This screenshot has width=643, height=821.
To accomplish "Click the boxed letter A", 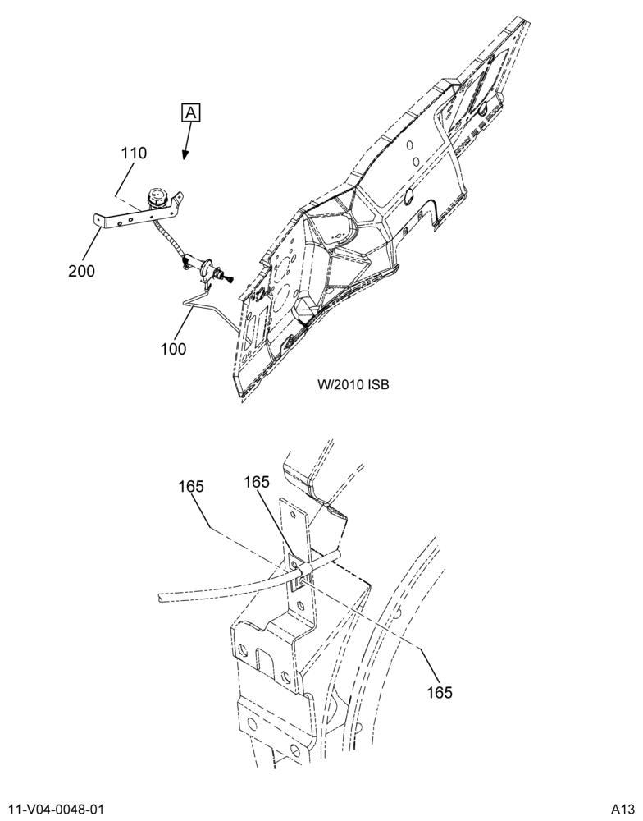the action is [x=191, y=112].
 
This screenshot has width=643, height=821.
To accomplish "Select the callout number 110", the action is [x=134, y=154].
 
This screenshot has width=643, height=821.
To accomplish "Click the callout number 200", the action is [x=82, y=271].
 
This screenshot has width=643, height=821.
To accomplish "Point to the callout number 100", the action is [x=173, y=349].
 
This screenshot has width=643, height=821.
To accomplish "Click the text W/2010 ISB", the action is [x=353, y=385].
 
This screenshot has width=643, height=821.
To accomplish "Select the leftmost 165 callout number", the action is [x=190, y=486].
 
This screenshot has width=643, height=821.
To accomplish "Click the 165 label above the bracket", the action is [x=257, y=482].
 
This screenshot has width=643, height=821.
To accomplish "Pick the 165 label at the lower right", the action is [x=440, y=692].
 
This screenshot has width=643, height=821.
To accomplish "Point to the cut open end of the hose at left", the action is [x=161, y=598].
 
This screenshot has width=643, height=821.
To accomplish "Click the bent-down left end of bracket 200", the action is [x=99, y=220].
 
